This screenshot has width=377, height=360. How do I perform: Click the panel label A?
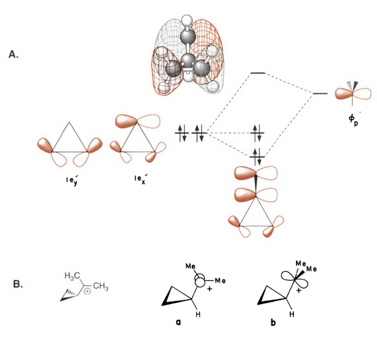pos(14,55)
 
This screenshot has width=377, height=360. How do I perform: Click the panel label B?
pos(18,283)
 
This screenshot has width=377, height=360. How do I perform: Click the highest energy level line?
pos(258,73)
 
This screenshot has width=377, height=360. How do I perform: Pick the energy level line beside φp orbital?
pos(320,94)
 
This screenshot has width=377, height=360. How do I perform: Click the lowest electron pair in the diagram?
pos(258,155)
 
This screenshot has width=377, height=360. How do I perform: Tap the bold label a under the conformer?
pos(178,322)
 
